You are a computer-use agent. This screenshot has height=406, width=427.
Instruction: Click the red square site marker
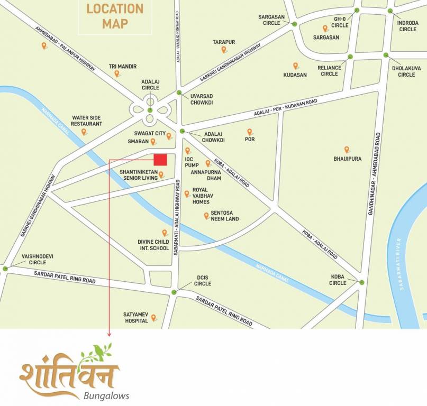pos(160,160)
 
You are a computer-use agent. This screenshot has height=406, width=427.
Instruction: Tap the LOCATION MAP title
pos(115,16)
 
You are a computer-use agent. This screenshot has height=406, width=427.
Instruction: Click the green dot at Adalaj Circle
pos(150,110)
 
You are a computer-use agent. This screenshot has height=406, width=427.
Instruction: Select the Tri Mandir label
pos(123,67)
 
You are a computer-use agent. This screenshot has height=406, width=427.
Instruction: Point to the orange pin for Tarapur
pos(224,50)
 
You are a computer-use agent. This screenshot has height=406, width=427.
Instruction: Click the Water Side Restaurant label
pos(86,121)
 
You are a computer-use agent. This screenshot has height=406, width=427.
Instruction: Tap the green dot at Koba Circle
pos(362,282)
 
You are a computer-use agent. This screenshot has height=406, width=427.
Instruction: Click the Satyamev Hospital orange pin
pos(154,318)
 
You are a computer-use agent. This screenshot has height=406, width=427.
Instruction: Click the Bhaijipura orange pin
pos(347,150)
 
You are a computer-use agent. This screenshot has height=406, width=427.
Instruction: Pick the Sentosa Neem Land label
pos(225,216)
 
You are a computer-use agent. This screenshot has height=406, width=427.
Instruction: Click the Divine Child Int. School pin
pos(165,233)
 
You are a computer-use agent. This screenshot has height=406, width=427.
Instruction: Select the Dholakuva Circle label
pos(406,71)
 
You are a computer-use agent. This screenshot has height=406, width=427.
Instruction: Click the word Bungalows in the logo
pos(106,395)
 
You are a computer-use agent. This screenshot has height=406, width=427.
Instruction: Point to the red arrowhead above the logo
pos(109,334)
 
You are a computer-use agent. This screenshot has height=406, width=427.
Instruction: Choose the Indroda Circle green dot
pos(390,11)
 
